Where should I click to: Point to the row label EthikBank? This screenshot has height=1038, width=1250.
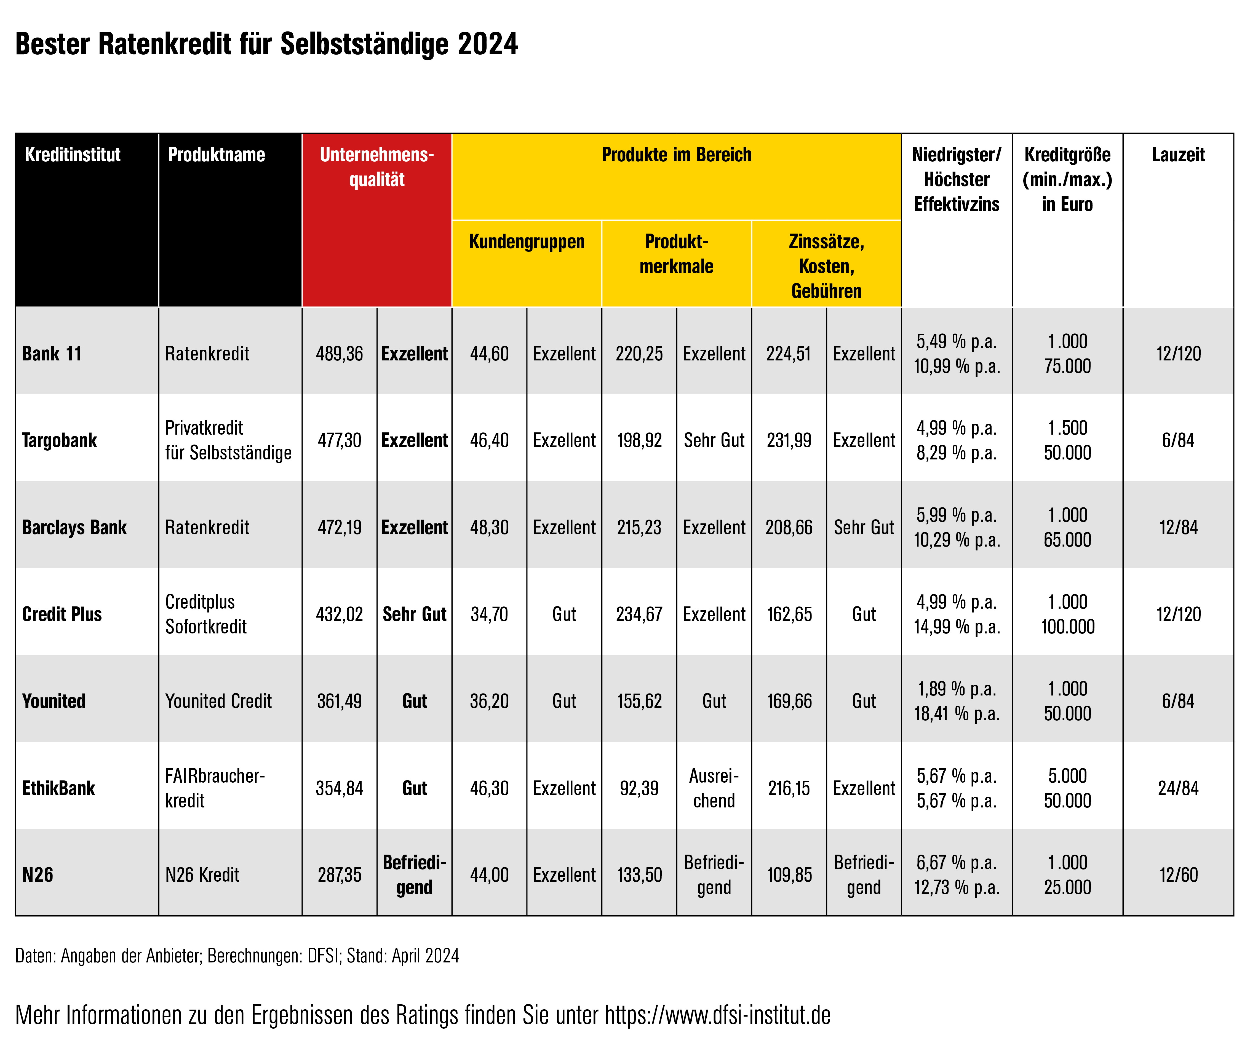[58, 788]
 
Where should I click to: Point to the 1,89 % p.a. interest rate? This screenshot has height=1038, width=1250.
[957, 689]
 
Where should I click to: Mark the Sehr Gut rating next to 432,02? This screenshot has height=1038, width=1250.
[414, 614]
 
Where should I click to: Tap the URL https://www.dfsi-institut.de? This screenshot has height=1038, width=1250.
[717, 1015]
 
